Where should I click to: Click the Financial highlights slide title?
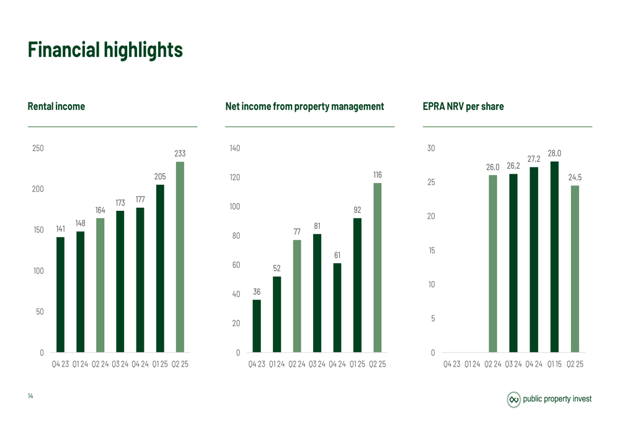105,50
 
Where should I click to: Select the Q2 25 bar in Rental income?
180,257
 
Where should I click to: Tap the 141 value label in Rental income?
60,229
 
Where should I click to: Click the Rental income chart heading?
56,107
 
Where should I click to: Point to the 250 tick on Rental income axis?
38,148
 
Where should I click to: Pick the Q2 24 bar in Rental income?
100,285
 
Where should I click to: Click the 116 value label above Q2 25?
378,176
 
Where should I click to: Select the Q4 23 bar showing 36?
257,326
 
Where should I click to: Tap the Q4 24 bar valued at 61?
337,308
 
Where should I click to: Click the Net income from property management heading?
304,107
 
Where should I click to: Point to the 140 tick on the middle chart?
234,148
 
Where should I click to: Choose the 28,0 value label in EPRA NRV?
554,153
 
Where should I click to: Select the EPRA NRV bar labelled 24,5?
575,269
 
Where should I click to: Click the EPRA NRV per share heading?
463,107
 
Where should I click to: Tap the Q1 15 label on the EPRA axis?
554,364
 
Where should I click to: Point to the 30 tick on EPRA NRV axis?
431,148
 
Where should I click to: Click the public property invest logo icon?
514,399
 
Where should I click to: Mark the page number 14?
30,395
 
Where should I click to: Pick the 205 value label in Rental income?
160,177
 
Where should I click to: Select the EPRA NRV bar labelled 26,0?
493,264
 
